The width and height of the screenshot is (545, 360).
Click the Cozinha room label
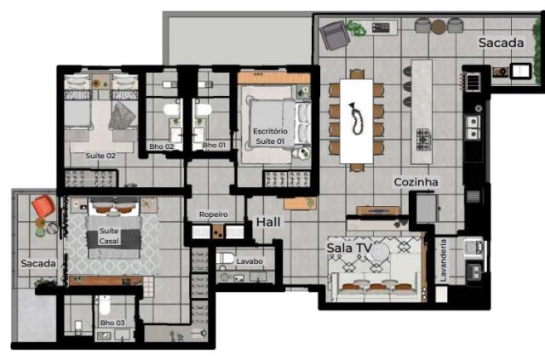[416, 182]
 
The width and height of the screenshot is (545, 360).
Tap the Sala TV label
[349, 248]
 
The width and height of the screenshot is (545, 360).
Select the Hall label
[268, 222]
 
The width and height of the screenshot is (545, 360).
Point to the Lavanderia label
[443, 260]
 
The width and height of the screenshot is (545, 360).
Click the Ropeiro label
[214, 214]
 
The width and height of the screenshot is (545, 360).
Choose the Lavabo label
[250, 261]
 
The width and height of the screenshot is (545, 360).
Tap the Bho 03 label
[112, 323]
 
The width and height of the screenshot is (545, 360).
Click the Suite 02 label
[100, 156]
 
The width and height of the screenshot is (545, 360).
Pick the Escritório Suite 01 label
[270, 136]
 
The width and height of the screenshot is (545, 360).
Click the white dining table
[356, 121]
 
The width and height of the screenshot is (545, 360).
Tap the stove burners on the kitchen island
[424, 139]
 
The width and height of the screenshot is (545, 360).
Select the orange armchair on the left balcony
[43, 206]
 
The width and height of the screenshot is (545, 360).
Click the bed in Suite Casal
[113, 227]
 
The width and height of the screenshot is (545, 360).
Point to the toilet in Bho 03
[104, 305]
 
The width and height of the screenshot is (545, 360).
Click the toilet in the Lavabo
[225, 258]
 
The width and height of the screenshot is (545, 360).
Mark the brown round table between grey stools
[439, 26]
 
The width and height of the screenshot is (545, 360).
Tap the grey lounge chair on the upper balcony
[335, 35]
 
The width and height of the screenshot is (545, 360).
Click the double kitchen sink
[473, 128]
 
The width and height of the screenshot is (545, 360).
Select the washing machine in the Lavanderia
[473, 248]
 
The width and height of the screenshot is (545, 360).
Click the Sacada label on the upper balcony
[501, 43]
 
